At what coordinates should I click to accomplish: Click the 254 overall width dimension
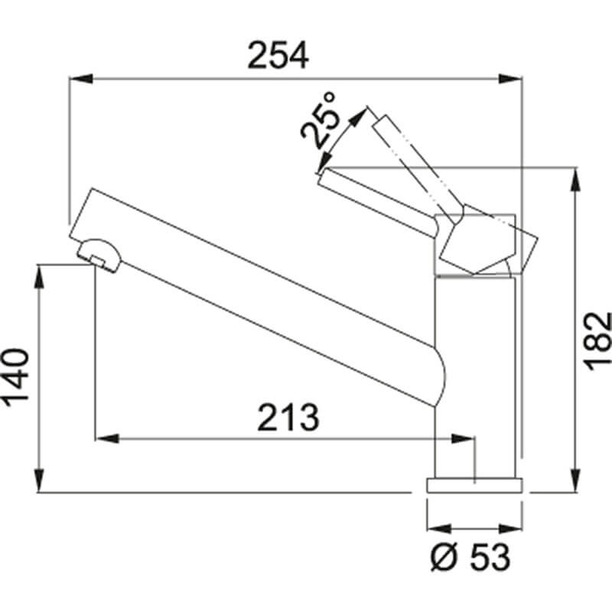point(278,55)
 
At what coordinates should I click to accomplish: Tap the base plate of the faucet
point(474,485)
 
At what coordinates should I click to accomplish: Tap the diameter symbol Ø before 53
point(442,558)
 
